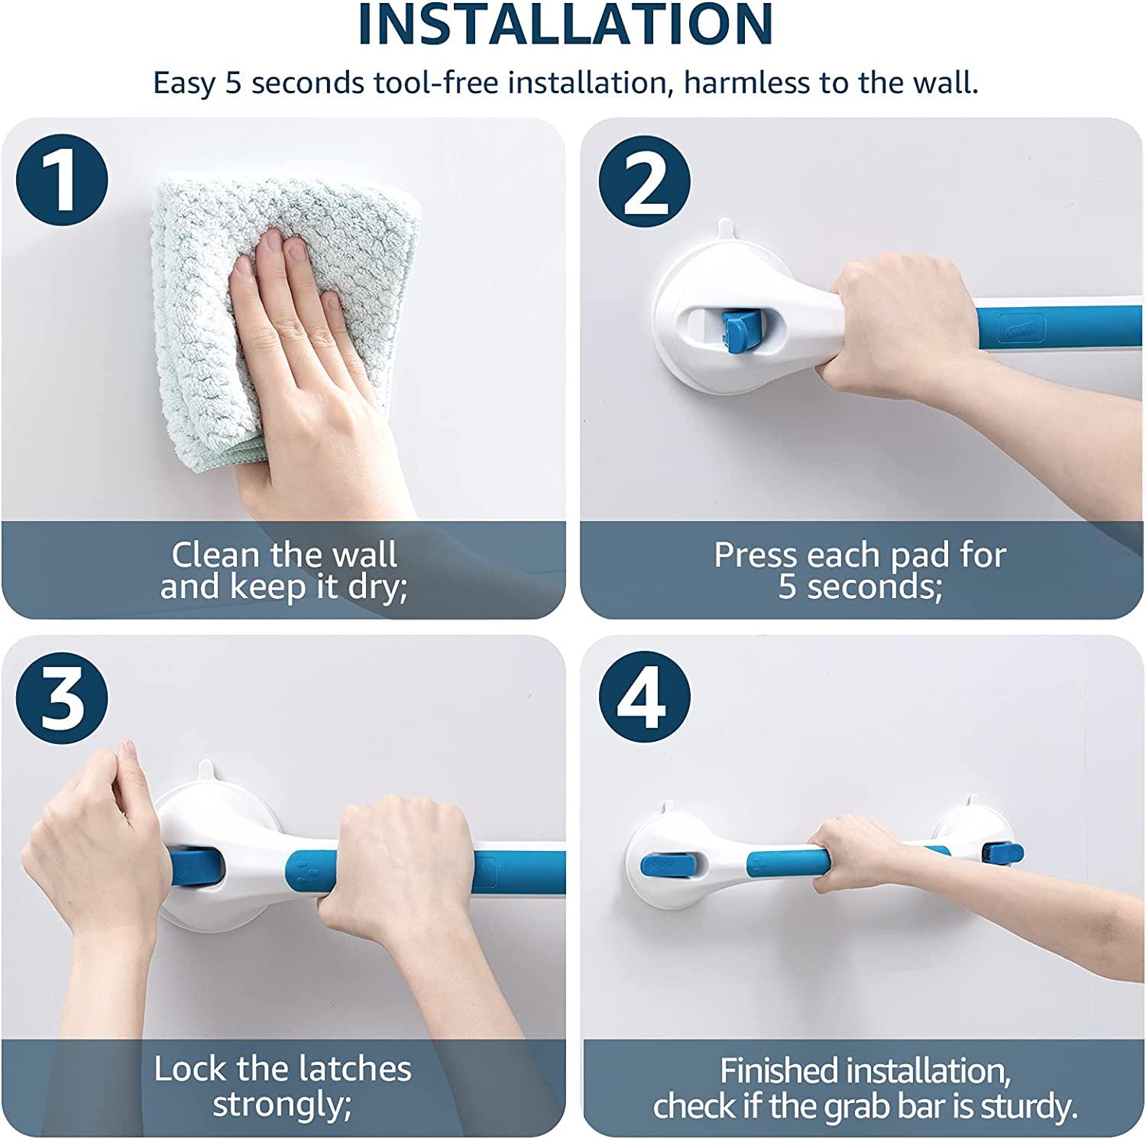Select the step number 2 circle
(644, 182)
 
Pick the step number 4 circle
(644, 697)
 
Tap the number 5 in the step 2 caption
(788, 588)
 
